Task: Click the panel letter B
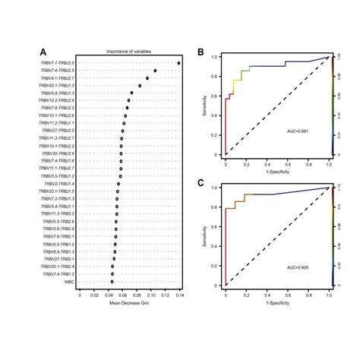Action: pos(200,53)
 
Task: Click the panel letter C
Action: pos(200,183)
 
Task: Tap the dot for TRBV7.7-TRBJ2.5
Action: pos(178,63)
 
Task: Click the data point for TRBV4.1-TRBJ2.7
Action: pos(147,78)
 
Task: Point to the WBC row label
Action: pos(70,280)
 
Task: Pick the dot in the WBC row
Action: pos(112,280)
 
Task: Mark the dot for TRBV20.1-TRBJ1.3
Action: pos(140,86)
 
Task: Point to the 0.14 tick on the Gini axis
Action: pos(180,295)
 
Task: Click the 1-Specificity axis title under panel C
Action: pos(277,303)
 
